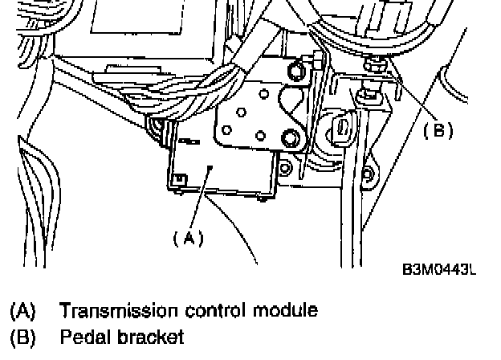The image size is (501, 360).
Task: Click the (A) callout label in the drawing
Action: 189,237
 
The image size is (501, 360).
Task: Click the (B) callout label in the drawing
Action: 438,128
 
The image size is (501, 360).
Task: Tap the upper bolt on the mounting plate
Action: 295,73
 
